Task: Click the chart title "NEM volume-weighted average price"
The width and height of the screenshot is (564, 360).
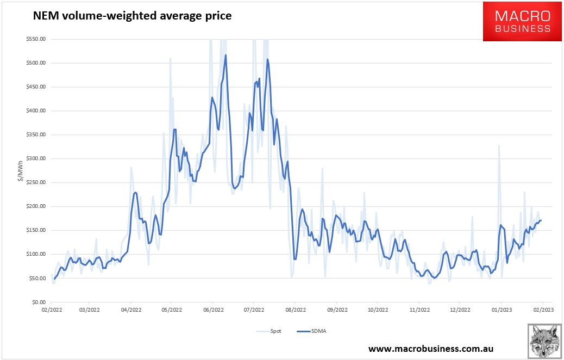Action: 132,16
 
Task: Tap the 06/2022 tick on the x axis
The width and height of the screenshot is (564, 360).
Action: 213,311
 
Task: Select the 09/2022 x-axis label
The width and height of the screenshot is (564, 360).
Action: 336,311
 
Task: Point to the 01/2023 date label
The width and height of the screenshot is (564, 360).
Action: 500,311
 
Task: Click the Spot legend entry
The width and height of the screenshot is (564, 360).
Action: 265,331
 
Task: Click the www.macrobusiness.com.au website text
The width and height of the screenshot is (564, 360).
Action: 430,348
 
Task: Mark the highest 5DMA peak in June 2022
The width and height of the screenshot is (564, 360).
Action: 225,55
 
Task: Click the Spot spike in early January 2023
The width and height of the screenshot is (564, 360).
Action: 498,146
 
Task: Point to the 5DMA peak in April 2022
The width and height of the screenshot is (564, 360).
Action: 135,192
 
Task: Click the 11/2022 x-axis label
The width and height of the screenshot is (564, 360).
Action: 418,311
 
